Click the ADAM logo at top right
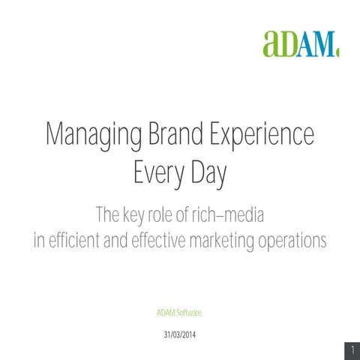[300, 43]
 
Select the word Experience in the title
[257, 139]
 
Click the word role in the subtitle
[170, 217]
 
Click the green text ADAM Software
[179, 311]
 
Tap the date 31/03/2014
[179, 332]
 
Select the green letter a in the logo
[273, 44]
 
